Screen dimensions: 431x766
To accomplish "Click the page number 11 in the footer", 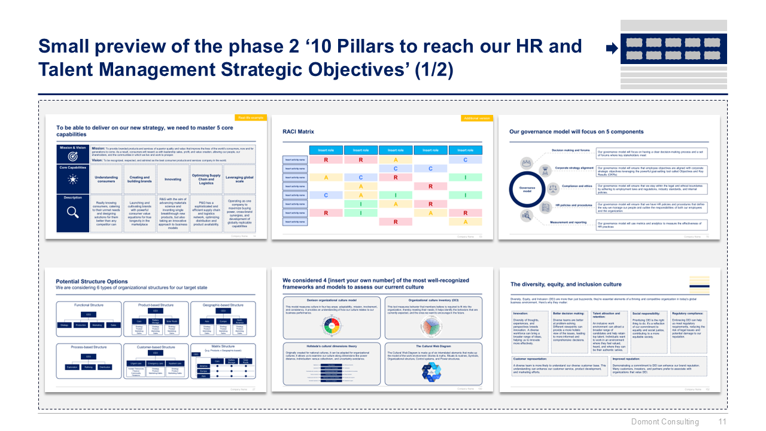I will click(x=722, y=421).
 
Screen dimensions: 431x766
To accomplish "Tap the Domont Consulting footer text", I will click(x=665, y=421).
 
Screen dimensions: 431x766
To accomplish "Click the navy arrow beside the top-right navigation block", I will click(x=612, y=49).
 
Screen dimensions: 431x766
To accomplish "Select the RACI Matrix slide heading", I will click(x=298, y=131).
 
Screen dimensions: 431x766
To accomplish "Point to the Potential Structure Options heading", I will click(x=92, y=281).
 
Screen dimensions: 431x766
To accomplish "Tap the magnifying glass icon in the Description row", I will click(x=72, y=212).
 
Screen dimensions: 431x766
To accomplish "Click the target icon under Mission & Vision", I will click(x=72, y=156).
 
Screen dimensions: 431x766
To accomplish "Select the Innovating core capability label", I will click(x=173, y=178).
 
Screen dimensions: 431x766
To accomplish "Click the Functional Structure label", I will click(x=89, y=305).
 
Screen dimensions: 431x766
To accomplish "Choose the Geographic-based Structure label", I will click(x=222, y=305).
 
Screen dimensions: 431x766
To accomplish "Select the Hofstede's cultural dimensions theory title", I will click(x=324, y=345).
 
